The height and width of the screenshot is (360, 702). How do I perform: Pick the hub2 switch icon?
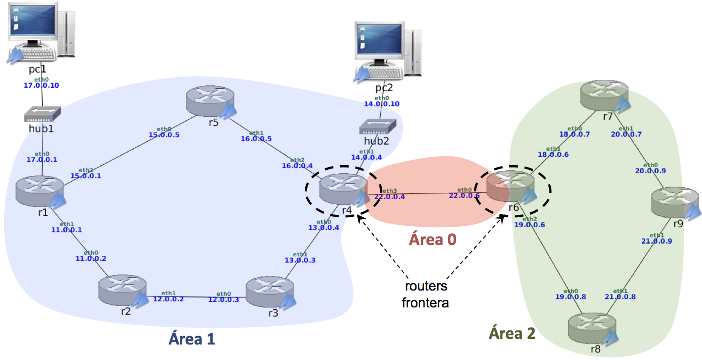click(x=381, y=126)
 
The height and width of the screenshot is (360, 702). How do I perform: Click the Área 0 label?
click(x=432, y=239)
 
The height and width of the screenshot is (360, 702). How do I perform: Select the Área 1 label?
click(x=192, y=338)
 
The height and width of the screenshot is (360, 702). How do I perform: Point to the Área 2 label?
click(x=512, y=333)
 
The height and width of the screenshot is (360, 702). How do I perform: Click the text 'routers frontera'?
click(x=425, y=294)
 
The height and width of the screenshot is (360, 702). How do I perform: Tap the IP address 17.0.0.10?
click(x=41, y=85)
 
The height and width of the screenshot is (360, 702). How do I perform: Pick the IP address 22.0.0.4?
click(x=389, y=197)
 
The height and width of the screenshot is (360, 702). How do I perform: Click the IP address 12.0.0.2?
click(x=169, y=299)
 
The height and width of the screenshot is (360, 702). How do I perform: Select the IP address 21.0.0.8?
click(x=620, y=296)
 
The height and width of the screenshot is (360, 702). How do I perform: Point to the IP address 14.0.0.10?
click(x=381, y=104)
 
